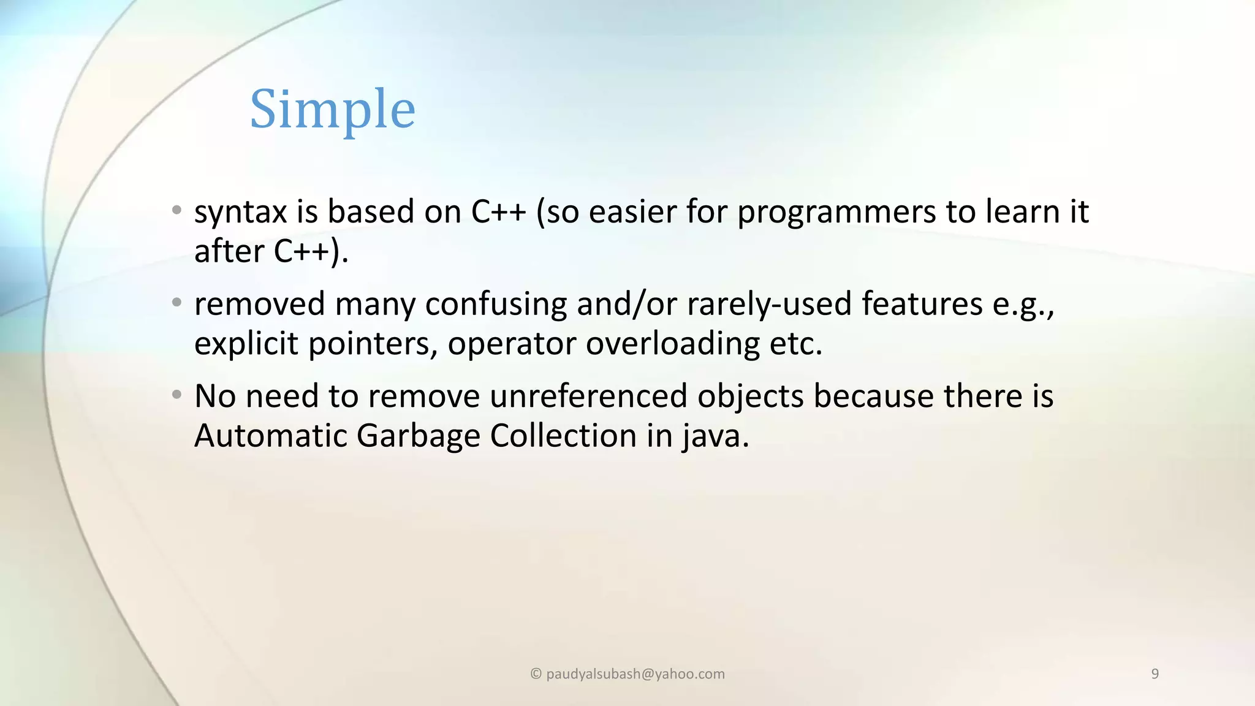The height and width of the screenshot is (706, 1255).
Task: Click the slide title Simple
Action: pos(333,109)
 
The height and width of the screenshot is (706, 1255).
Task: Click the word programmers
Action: pos(836,213)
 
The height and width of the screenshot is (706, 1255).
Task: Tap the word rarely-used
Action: pos(769,305)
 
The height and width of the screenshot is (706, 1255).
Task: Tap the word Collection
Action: pos(563,436)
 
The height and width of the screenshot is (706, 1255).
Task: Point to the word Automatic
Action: pos(270,436)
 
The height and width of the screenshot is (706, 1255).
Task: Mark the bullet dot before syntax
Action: pos(176,210)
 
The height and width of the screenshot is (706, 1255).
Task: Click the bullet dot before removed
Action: pos(176,303)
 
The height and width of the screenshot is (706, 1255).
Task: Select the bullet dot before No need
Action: pos(176,395)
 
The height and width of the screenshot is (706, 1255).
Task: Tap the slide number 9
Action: pos(1155,674)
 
